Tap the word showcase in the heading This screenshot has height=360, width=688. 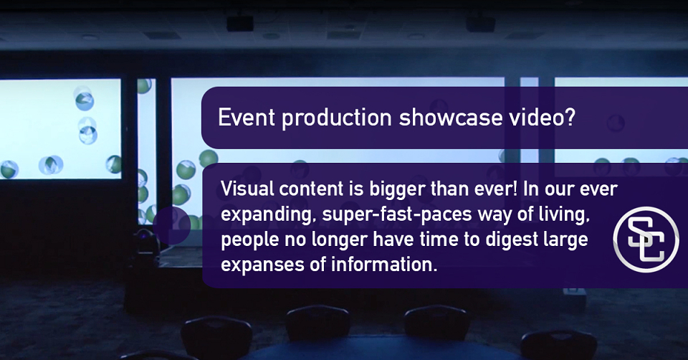click(451, 117)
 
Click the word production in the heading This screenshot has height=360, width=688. click(337, 118)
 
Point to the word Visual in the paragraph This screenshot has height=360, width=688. click(247, 189)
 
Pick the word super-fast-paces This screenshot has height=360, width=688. click(397, 214)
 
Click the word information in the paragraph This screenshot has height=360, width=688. click(384, 265)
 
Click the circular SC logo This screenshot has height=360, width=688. click(646, 240)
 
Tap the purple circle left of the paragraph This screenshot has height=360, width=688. click(173, 225)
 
